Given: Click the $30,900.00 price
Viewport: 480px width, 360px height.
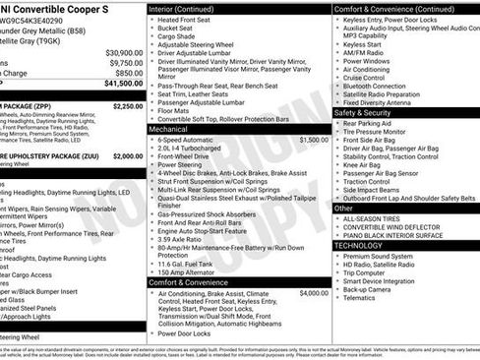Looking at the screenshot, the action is [124, 52].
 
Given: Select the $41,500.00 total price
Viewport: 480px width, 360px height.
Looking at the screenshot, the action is [123, 84].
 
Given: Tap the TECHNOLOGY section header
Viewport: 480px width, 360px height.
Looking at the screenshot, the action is [363, 245].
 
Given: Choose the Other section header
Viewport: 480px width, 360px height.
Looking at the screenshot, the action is [344, 208].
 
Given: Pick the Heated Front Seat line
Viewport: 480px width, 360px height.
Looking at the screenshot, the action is [188, 20].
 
